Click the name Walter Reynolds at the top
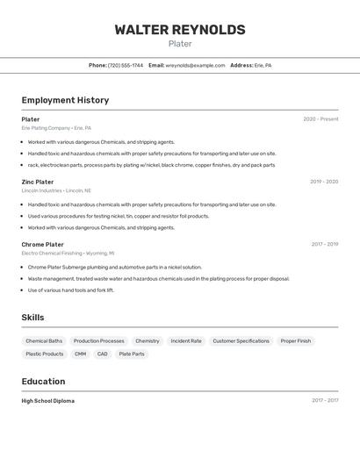point(179,30)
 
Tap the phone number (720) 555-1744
point(126,65)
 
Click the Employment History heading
point(65,100)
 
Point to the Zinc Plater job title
point(38,182)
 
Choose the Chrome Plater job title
point(42,245)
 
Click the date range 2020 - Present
point(320,119)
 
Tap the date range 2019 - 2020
point(324,182)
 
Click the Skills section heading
point(33,318)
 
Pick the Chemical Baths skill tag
point(44,340)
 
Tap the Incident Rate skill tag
point(186,340)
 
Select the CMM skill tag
point(80,354)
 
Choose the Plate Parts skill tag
point(132,354)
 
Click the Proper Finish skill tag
point(296,340)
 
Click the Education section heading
point(43,382)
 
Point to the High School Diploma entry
point(48,401)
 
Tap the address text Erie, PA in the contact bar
point(263,65)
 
